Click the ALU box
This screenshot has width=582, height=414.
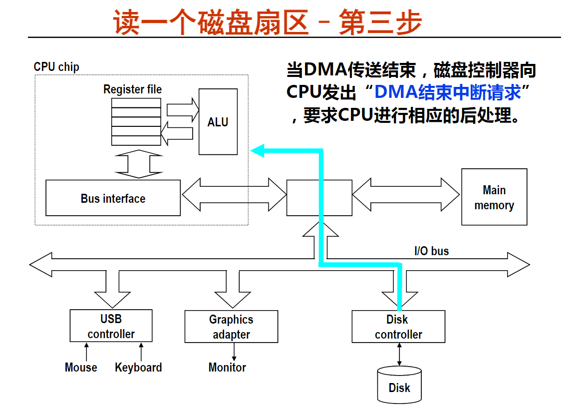point(218,121)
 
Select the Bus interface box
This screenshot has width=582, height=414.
point(113,198)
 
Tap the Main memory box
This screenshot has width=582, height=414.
point(494,197)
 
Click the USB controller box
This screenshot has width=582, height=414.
point(111,326)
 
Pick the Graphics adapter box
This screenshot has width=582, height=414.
point(231,327)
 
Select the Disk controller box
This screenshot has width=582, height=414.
point(398,327)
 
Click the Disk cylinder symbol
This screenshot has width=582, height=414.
point(399,385)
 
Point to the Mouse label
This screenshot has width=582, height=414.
point(81,367)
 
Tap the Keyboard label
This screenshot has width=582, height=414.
point(138,367)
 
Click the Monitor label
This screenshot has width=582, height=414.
point(227,367)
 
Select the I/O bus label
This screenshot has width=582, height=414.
point(431,251)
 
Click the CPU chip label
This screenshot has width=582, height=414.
point(56,67)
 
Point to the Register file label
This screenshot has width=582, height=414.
point(132,89)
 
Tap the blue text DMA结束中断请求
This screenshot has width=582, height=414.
point(448,92)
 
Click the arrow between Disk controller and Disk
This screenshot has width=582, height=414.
point(399,354)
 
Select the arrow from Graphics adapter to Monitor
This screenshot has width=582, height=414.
point(234,352)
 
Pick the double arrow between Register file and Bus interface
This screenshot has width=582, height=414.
point(139,164)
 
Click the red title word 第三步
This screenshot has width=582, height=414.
point(381,22)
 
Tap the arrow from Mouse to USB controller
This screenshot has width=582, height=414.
point(86,352)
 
